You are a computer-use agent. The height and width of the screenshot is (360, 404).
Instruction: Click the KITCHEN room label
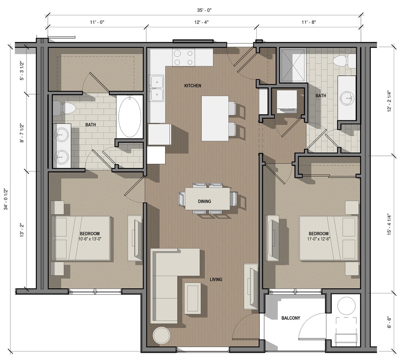point(192,86)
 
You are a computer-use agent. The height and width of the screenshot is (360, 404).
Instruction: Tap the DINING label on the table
point(204,201)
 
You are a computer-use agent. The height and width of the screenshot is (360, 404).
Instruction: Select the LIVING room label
point(216,280)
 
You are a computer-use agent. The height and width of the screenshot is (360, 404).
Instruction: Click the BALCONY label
point(291,318)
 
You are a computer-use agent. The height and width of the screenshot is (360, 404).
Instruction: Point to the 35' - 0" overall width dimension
point(203,9)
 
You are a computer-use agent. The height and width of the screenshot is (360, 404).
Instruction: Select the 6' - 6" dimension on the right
point(389,319)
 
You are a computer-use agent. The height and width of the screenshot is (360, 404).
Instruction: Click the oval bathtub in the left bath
point(130,116)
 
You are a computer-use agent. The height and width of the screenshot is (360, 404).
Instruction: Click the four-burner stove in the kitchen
point(183,58)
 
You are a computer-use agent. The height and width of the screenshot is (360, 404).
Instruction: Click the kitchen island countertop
point(215,118)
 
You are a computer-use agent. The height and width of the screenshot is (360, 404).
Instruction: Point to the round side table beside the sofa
point(162,335)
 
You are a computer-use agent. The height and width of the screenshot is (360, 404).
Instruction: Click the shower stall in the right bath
point(292,65)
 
